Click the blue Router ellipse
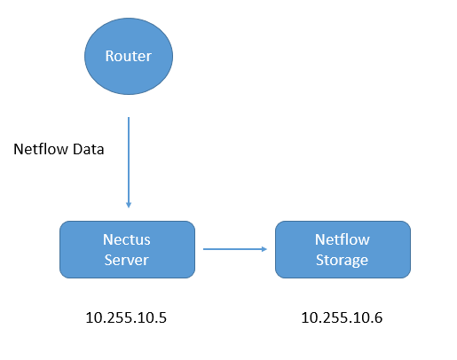(x=129, y=56)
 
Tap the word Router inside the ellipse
(x=129, y=56)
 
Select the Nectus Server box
(x=127, y=249)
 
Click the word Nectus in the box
(x=127, y=239)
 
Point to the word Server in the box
(x=126, y=260)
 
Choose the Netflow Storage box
(x=343, y=249)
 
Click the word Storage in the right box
(x=342, y=261)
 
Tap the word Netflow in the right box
(x=343, y=239)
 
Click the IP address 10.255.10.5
(x=126, y=317)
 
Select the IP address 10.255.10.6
(x=342, y=317)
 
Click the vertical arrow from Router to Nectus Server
(x=129, y=162)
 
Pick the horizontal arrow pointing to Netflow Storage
(x=235, y=249)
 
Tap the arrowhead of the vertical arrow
(x=129, y=205)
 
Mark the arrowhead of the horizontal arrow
(x=264, y=249)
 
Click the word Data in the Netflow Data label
(x=89, y=149)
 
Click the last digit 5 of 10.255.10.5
(x=162, y=317)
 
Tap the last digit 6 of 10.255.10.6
(x=378, y=317)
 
